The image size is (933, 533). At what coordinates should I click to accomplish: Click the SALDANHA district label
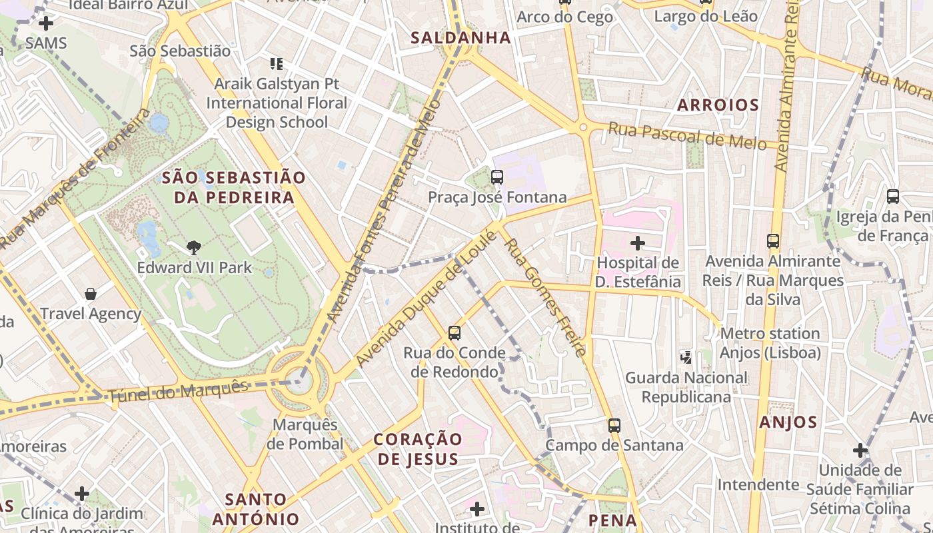(x=461, y=37)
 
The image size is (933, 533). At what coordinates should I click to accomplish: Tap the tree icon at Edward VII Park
(x=194, y=248)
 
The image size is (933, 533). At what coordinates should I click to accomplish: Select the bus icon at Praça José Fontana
(x=497, y=177)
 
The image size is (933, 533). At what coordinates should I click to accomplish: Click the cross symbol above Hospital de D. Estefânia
(x=638, y=243)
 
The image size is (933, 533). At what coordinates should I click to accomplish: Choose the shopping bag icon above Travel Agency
(x=91, y=294)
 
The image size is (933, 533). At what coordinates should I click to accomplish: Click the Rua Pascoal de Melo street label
(x=687, y=137)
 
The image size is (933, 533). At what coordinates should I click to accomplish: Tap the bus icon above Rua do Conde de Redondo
(x=455, y=332)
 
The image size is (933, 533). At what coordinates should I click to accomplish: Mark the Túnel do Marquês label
(x=178, y=390)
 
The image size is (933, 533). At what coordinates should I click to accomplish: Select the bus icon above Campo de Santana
(x=614, y=425)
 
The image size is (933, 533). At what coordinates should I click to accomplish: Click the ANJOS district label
(x=788, y=422)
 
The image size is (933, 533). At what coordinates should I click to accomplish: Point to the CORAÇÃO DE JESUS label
(x=418, y=448)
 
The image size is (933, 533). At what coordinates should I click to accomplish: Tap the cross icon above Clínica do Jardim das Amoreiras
(x=82, y=494)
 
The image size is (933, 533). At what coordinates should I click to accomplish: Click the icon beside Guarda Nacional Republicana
(x=686, y=358)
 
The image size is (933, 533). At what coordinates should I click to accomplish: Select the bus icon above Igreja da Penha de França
(x=893, y=197)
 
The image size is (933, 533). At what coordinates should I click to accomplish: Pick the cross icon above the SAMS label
(x=46, y=25)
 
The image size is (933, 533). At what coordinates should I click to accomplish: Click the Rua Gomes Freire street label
(x=546, y=297)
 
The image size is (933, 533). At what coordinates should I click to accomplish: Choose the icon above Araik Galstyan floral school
(x=277, y=64)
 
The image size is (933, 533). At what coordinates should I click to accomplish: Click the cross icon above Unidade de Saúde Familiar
(x=860, y=450)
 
